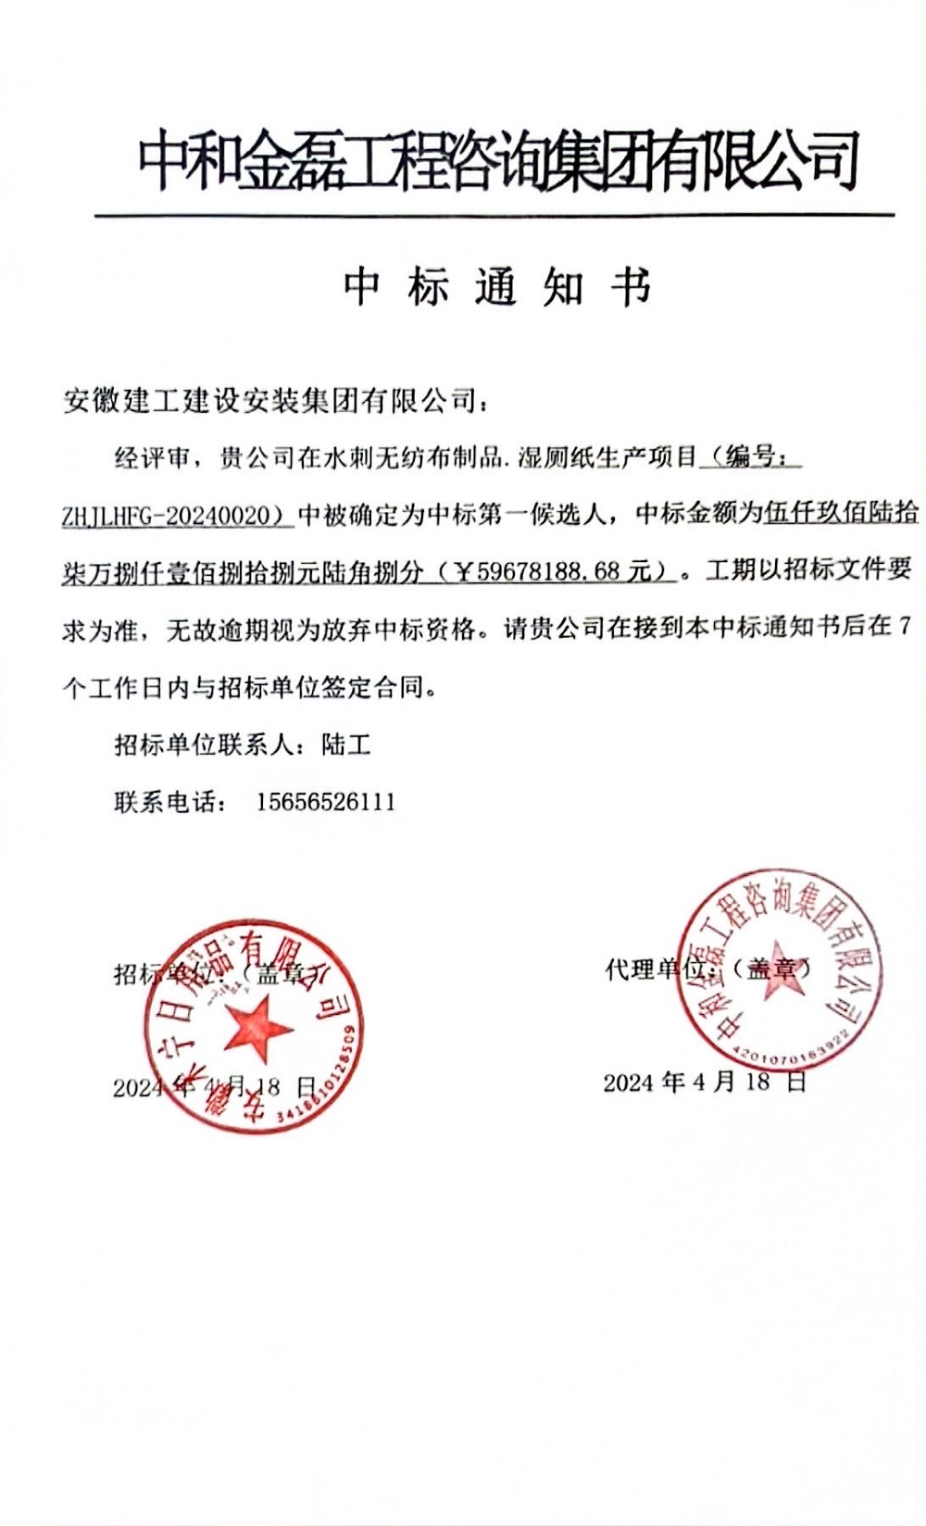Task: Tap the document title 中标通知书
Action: (497, 287)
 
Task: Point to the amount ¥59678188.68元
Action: (559, 572)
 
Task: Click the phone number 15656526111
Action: (326, 802)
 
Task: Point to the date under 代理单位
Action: (705, 1082)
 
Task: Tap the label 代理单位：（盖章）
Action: (708, 969)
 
